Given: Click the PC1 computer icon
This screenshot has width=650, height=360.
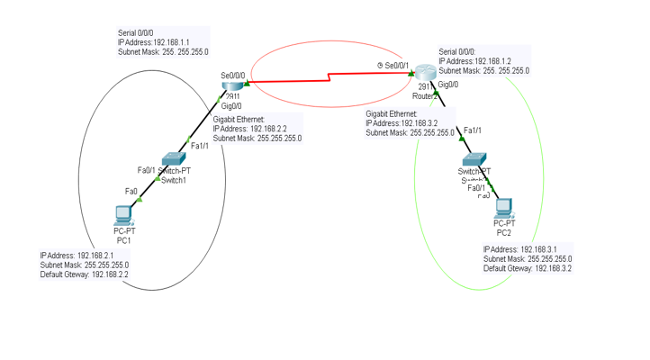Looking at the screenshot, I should click(123, 214).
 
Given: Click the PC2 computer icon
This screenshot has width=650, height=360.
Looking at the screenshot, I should click(504, 208).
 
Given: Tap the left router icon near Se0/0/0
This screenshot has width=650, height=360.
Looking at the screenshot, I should click(231, 85).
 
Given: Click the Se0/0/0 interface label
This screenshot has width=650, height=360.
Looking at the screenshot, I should click(232, 75).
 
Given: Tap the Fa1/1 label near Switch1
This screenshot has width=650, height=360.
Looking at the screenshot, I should click(200, 146).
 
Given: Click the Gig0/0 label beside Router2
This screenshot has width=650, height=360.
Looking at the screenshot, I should click(447, 85).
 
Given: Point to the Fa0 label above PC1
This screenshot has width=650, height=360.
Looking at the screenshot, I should click(131, 191).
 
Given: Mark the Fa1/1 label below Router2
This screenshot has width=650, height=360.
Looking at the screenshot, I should click(473, 130).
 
